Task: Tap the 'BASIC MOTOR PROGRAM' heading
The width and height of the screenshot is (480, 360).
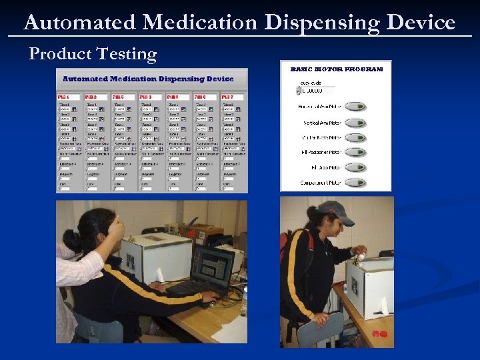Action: pos(336,69)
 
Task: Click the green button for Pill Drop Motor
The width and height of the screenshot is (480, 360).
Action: pos(355,167)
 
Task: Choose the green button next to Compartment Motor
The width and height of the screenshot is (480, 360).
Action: pos(355,183)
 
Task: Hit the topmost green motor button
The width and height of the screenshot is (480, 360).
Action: pos(355,106)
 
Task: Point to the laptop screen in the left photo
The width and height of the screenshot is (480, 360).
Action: pos(211,265)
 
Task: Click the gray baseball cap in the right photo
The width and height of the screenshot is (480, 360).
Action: pos(335,213)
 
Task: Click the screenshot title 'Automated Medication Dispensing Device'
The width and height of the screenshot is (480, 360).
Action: pos(148,79)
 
